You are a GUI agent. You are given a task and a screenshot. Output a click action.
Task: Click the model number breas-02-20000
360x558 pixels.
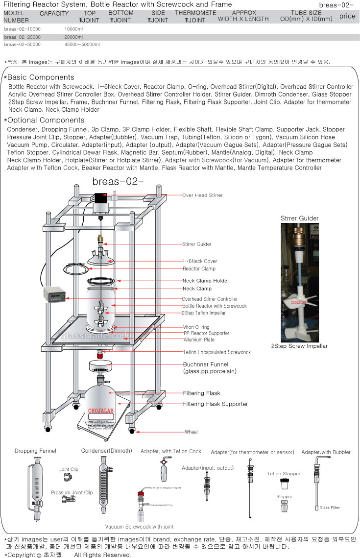(22, 37)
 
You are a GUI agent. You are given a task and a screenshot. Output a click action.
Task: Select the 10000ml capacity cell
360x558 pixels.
(73, 29)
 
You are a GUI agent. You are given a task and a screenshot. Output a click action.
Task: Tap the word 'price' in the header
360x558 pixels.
(347, 16)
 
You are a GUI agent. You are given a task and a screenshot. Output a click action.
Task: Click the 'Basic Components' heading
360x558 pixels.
(41, 77)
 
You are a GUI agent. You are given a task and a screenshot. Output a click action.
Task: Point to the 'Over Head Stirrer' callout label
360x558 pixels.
(202, 195)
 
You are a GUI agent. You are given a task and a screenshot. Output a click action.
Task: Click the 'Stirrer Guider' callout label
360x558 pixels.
(197, 244)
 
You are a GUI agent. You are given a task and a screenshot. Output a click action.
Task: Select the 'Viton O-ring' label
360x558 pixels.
(196, 327)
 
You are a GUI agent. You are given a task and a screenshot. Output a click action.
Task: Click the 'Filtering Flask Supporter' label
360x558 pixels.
(216, 404)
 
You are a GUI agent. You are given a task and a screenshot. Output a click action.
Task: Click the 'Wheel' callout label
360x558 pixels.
(191, 432)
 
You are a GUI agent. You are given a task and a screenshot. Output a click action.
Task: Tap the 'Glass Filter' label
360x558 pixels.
(330, 508)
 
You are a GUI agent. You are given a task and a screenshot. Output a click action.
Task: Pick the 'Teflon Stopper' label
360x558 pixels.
(284, 474)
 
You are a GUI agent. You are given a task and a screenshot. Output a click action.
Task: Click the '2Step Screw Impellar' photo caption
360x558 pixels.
(299, 346)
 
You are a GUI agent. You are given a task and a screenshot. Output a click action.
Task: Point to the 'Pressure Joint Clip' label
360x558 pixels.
(72, 492)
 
